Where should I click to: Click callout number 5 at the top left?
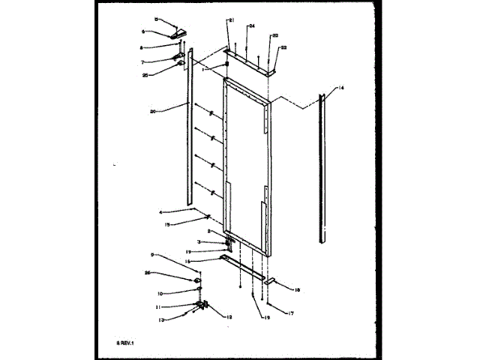(x=157, y=18)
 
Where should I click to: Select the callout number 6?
(x=155, y=31)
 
